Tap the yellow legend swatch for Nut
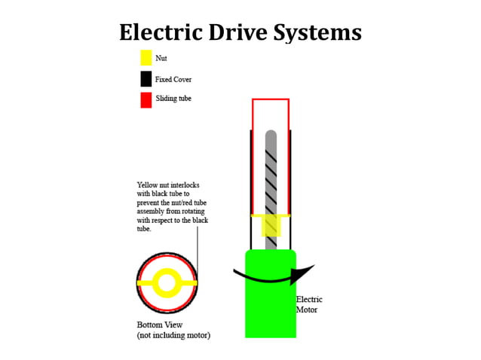click(146, 57)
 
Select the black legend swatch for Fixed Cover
click(146, 79)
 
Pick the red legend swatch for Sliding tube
click(146, 100)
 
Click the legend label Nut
click(161, 57)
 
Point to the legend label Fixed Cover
click(173, 79)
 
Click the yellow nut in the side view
click(271, 224)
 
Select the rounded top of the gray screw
click(271, 136)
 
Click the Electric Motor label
click(309, 304)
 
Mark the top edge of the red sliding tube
click(271, 99)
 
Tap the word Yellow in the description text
click(148, 185)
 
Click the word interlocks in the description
click(185, 185)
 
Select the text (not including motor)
click(173, 334)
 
